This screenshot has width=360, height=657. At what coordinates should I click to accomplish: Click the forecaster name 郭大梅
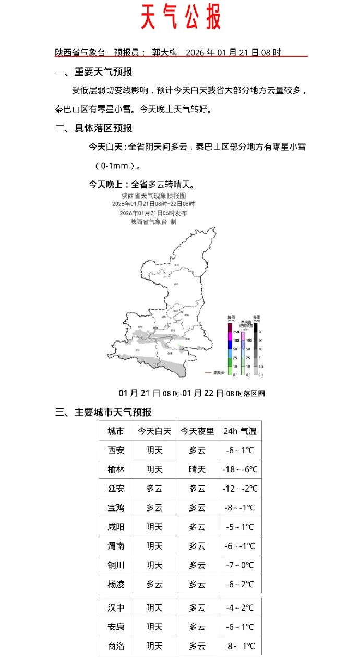tap(165, 53)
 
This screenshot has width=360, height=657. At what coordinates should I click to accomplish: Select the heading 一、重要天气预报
tap(94, 72)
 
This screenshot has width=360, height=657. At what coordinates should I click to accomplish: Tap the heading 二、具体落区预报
tap(94, 128)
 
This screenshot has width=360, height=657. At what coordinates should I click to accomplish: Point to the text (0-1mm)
tap(118, 166)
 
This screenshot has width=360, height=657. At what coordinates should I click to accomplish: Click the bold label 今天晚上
tap(108, 185)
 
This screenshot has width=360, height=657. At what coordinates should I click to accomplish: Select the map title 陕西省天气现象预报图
tap(153, 196)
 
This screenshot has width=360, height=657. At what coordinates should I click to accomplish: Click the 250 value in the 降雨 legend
tap(236, 332)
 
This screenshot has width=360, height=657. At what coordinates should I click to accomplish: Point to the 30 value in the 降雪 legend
tap(260, 332)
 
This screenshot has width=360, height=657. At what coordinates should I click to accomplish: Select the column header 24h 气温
tap(240, 431)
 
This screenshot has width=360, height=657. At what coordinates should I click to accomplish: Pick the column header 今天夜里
tap(197, 431)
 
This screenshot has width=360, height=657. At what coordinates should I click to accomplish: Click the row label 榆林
tap(116, 469)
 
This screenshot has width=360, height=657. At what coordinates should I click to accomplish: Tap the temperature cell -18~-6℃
tap(240, 469)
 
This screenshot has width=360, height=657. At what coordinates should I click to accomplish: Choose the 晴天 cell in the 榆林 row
tap(197, 469)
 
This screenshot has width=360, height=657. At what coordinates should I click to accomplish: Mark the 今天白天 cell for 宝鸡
tap(154, 508)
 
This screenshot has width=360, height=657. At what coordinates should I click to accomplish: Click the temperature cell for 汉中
tap(240, 608)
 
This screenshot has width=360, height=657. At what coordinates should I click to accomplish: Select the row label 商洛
tap(116, 647)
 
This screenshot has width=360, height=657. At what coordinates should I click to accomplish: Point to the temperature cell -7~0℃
tap(240, 565)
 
